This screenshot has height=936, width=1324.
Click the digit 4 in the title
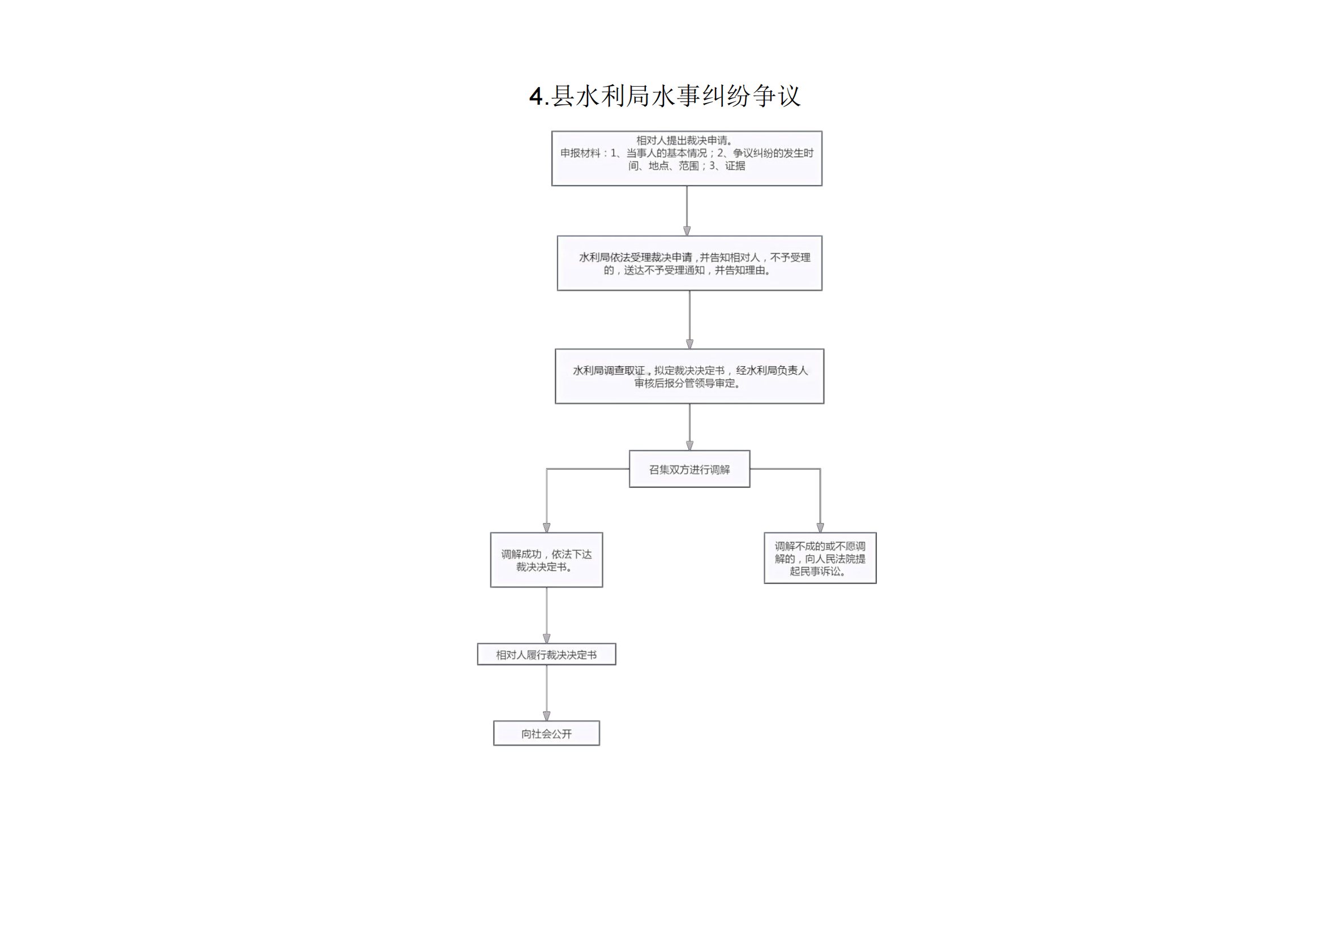pyautogui.click(x=535, y=96)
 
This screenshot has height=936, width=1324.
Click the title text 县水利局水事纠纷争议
pyautogui.click(x=676, y=96)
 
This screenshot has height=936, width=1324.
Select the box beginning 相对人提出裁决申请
pyautogui.click(x=687, y=158)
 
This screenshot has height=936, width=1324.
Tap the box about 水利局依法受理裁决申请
pyautogui.click(x=689, y=263)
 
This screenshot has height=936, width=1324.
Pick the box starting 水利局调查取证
pyautogui.click(x=689, y=376)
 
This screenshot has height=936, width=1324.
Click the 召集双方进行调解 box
pyautogui.click(x=689, y=469)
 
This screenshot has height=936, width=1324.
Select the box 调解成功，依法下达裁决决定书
pyautogui.click(x=547, y=560)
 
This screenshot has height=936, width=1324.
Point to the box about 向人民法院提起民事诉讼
pyautogui.click(x=821, y=558)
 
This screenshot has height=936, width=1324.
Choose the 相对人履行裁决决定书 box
pyautogui.click(x=547, y=654)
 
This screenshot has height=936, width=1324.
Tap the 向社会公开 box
pyautogui.click(x=547, y=733)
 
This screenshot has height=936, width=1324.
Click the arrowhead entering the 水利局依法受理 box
pyautogui.click(x=687, y=231)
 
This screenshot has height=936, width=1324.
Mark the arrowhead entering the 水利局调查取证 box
pyautogui.click(x=689, y=344)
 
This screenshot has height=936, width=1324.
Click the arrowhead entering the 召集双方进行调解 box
pyautogui.click(x=689, y=445)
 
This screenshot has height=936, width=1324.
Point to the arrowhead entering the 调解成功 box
pyautogui.click(x=547, y=528)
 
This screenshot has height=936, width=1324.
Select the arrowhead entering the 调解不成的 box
pyautogui.click(x=821, y=528)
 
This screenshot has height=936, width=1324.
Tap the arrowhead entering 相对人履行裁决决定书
pyautogui.click(x=547, y=638)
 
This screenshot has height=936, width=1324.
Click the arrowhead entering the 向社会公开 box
pyautogui.click(x=547, y=716)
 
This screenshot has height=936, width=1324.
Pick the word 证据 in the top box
pyautogui.click(x=735, y=166)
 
